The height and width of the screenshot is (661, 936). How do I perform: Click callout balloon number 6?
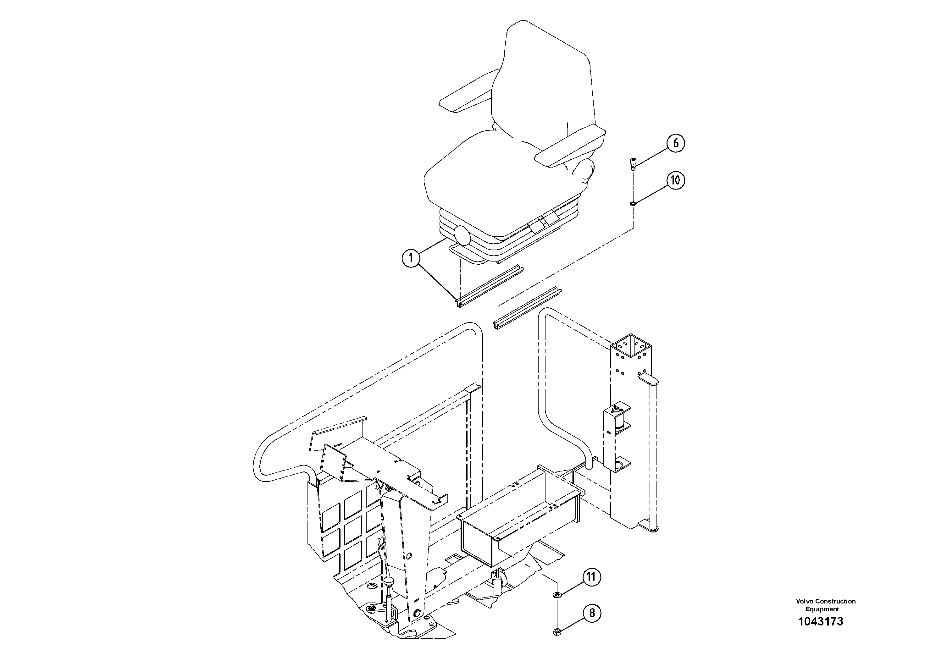[675, 143]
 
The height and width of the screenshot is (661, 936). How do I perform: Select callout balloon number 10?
[675, 180]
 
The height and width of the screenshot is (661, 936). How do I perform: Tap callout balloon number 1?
[411, 258]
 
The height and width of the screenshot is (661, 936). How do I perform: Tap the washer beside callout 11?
[557, 595]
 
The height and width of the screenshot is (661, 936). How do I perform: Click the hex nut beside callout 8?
[557, 632]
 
